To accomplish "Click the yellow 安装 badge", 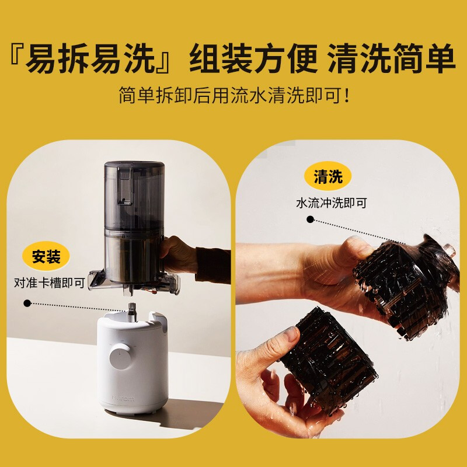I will (x=46, y=256).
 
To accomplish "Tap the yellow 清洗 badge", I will (x=328, y=177).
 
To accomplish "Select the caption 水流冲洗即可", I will (x=332, y=204).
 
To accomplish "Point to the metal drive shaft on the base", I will (x=132, y=309).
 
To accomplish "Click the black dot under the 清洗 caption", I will (x=311, y=220).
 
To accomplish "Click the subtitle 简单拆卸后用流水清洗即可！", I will (x=233, y=94).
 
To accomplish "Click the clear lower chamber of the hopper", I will (x=132, y=257).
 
